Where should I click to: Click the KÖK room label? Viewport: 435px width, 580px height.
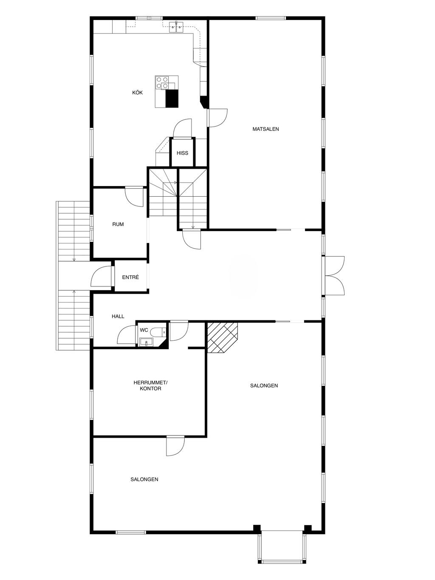point(137,93)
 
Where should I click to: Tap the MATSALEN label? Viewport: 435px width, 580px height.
point(266,129)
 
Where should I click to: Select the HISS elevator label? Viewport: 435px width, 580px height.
point(183,153)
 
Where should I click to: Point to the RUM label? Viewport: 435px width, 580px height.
point(118,224)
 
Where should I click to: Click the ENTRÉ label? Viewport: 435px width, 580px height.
point(130,277)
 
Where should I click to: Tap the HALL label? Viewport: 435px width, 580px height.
point(118,316)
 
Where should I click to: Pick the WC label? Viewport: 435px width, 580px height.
point(144,330)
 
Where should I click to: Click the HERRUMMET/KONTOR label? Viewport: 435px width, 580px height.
point(150,385)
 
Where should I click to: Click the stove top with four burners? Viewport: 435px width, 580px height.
point(162,82)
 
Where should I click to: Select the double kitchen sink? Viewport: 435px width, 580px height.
point(176,27)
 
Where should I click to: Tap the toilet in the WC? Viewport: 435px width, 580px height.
point(161,332)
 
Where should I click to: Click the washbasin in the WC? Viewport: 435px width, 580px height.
point(146,342)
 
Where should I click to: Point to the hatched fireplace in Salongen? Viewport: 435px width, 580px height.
point(223,337)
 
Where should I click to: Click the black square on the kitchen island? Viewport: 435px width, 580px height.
point(172,99)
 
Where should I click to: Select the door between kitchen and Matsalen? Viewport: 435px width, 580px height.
point(217,118)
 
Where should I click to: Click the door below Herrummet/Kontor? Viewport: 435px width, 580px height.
point(175,446)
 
